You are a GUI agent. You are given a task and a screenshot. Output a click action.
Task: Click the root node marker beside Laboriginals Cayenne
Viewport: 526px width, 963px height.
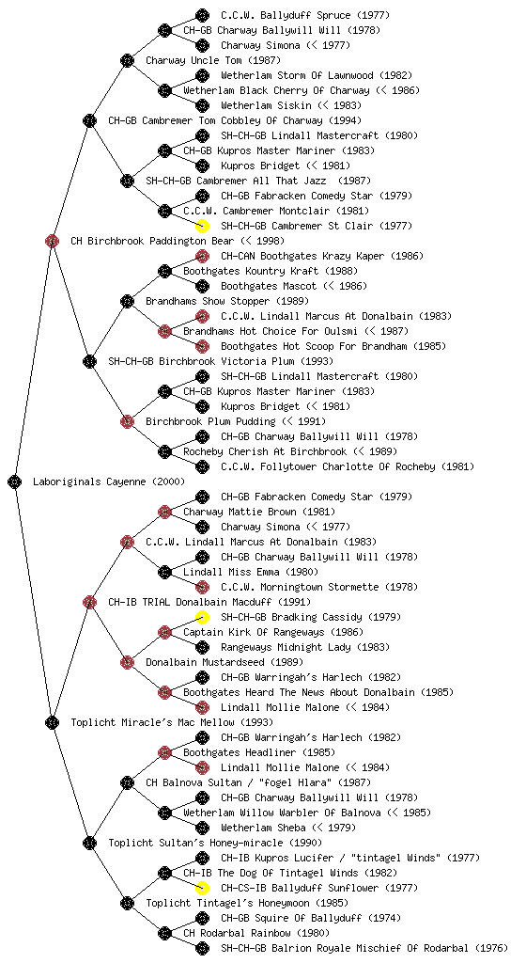click(x=15, y=481)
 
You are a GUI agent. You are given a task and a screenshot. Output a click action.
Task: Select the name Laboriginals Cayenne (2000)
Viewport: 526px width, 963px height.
click(x=109, y=481)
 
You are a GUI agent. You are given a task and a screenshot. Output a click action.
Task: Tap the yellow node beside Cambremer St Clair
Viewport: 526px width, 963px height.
click(x=202, y=226)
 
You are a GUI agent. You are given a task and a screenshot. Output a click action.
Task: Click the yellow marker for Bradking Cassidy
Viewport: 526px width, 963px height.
click(x=202, y=617)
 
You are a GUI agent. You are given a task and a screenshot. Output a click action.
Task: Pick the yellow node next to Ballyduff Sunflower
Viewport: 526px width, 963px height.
click(x=202, y=888)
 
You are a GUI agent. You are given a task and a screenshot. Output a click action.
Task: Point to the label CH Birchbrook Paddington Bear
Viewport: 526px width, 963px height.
click(x=152, y=241)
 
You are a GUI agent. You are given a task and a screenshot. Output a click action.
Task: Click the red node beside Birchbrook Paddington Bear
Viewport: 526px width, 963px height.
click(x=52, y=241)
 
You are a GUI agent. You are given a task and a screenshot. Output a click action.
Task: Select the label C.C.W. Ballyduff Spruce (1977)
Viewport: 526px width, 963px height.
click(x=305, y=15)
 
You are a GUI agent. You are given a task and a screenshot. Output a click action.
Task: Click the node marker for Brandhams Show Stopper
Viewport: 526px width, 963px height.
click(x=127, y=301)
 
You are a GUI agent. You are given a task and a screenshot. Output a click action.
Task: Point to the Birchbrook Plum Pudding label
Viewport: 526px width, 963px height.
click(x=211, y=421)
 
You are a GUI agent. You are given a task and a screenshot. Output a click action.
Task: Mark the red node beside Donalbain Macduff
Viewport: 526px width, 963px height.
click(x=89, y=602)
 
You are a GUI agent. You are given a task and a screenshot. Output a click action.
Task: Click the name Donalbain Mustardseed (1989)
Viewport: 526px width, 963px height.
click(x=224, y=662)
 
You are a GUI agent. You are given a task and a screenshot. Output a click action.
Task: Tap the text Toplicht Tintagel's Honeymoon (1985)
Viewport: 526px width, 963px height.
click(x=247, y=903)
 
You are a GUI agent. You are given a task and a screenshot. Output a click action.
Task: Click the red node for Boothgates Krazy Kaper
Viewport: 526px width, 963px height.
click(x=202, y=256)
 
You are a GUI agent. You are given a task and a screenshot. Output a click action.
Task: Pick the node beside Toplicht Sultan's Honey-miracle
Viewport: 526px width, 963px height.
click(x=89, y=843)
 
